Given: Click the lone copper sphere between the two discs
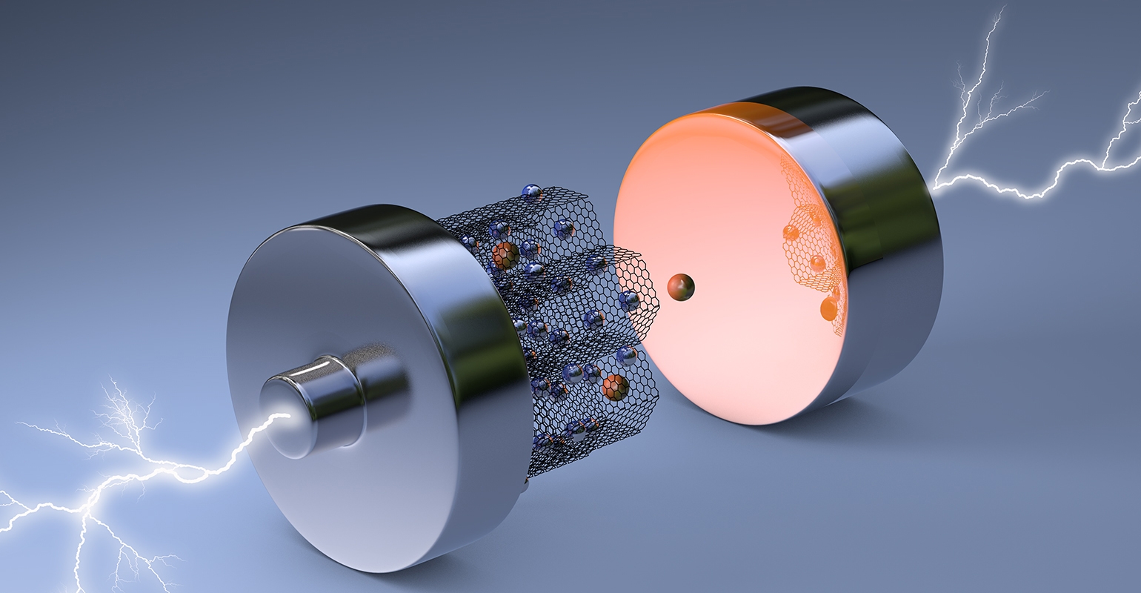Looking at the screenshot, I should pos(681,287).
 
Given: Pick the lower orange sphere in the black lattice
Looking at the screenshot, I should pos(613,387).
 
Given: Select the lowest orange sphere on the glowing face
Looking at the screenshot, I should pos(829,307).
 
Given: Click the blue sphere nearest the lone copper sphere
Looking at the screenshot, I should pos(629,300).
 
